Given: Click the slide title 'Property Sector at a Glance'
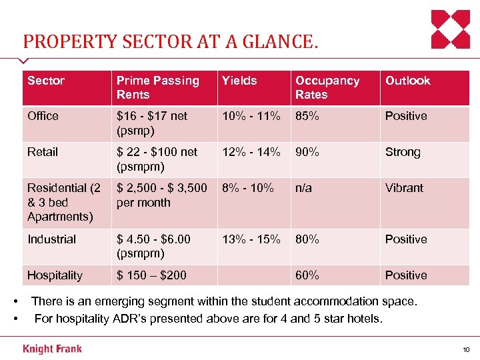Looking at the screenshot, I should pyautogui.click(x=171, y=43).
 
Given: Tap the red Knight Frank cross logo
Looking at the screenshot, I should pyautogui.click(x=451, y=29).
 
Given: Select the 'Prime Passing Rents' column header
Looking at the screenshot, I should pyautogui.click(x=157, y=87).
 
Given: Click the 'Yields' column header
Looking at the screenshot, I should pyautogui.click(x=239, y=81).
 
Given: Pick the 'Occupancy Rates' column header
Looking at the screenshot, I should pyautogui.click(x=327, y=87).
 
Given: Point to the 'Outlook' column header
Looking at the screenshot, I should pyautogui.click(x=407, y=81).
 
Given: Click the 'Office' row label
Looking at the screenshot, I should pyautogui.click(x=43, y=116).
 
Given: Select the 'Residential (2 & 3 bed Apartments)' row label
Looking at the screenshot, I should pyautogui.click(x=64, y=202).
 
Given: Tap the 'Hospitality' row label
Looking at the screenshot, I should pyautogui.click(x=55, y=275).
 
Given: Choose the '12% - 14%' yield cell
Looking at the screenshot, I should pyautogui.click(x=251, y=152).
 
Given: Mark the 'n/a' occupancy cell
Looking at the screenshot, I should pyautogui.click(x=304, y=188).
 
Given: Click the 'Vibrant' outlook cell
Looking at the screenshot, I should pyautogui.click(x=404, y=188).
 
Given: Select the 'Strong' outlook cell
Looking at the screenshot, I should pyautogui.click(x=403, y=152).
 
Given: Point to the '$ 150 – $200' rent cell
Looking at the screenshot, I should pyautogui.click(x=151, y=275).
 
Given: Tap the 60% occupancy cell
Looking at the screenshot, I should pyautogui.click(x=307, y=275).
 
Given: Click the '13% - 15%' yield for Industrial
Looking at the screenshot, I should pyautogui.click(x=251, y=239).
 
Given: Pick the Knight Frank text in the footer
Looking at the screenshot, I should pyautogui.click(x=53, y=349).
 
